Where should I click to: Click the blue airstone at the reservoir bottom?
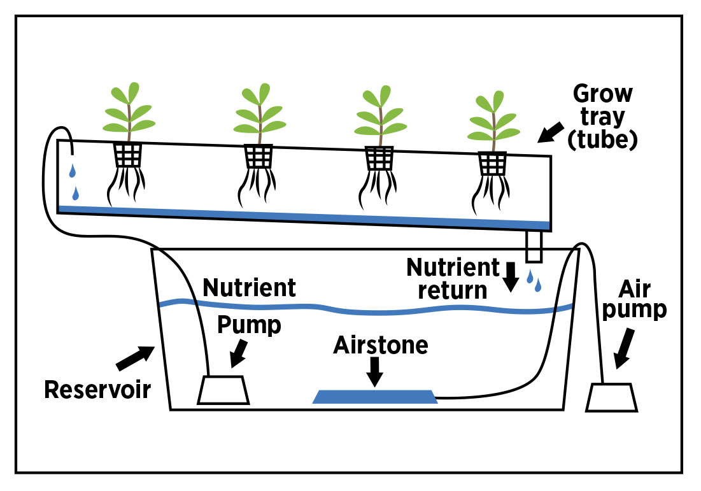[375, 397]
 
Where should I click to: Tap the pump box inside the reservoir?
[223, 390]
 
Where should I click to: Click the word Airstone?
[381, 345]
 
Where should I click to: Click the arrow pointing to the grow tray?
[550, 132]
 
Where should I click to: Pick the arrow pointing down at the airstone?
[375, 371]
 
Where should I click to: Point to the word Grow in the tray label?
[602, 94]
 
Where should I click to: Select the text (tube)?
[602, 141]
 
